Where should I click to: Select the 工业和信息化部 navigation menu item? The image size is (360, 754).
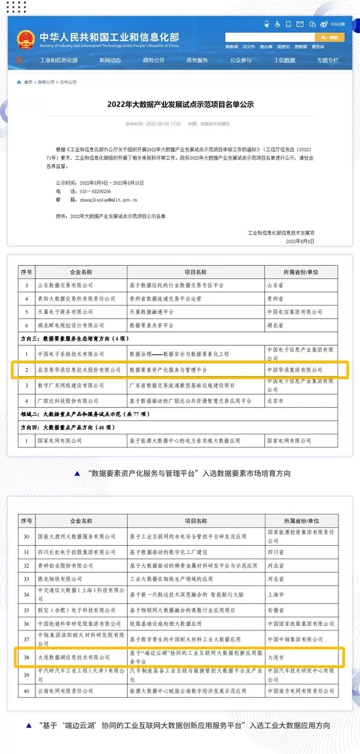tap(58, 60)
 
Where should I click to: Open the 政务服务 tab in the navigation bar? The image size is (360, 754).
tap(197, 60)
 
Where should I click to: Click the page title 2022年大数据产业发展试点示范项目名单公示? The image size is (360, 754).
tap(180, 104)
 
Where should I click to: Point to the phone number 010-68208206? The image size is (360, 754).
tap(100, 191)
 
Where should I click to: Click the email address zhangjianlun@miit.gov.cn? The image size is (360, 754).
tap(113, 199)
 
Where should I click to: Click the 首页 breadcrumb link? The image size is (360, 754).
tap(28, 82)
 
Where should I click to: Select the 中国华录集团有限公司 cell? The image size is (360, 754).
tap(295, 370)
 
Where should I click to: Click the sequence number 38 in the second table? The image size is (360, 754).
tap(26, 657)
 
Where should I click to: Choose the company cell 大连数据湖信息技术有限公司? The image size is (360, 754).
tap(74, 657)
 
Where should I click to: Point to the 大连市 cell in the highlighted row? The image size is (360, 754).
tap(277, 657)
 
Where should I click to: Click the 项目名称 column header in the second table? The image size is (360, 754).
tap(196, 521)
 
